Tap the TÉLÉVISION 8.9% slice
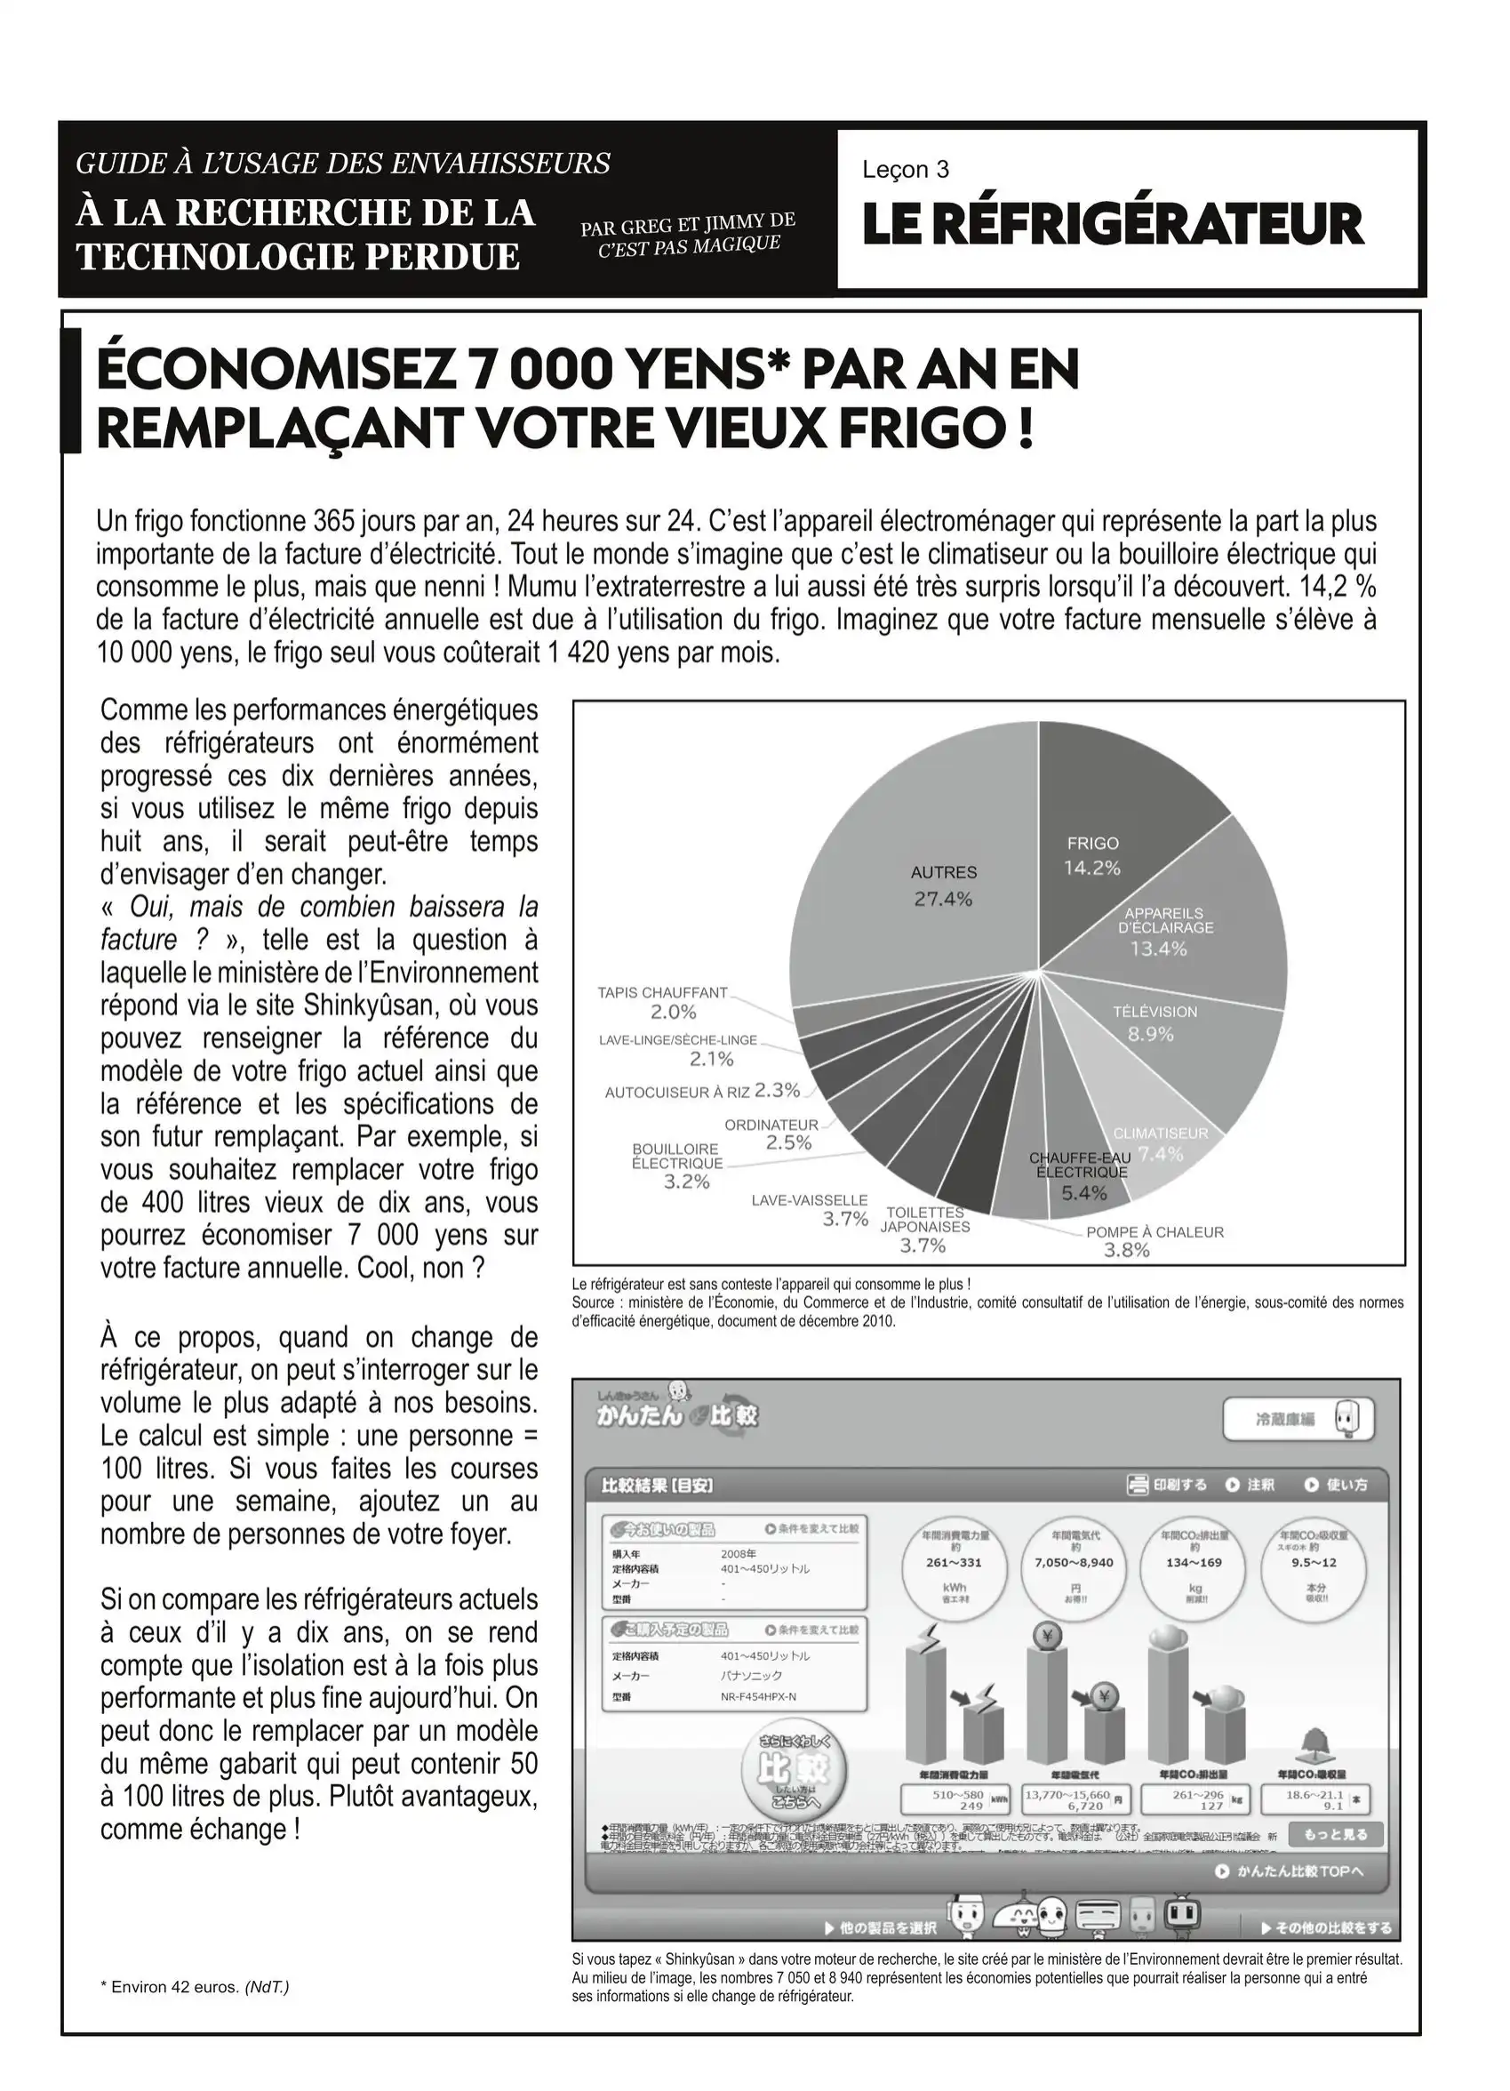click(x=1198, y=1042)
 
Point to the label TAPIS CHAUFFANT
click(x=662, y=993)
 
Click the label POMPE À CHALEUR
click(x=1154, y=1231)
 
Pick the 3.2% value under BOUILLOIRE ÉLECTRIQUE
click(x=687, y=1182)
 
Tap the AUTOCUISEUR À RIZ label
click(x=676, y=1093)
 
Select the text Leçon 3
click(x=906, y=170)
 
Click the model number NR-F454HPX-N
click(x=758, y=1696)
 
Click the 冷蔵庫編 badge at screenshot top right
click(x=1297, y=1419)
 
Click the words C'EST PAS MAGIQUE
click(x=689, y=245)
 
